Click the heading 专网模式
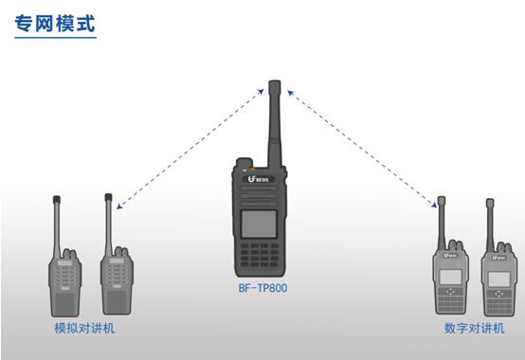[55, 24]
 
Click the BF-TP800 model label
[262, 288]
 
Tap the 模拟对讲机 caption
[84, 328]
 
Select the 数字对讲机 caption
[474, 328]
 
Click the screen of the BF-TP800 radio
[259, 224]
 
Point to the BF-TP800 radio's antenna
[275, 124]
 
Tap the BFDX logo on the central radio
[259, 179]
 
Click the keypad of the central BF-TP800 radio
[260, 255]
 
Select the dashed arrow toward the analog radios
[190, 149]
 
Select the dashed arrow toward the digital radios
[363, 149]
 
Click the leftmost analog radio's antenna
[57, 226]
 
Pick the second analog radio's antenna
[108, 225]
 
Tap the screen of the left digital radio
[450, 277]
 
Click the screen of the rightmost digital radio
[498, 279]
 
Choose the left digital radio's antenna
[442, 224]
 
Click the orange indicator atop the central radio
[251, 170]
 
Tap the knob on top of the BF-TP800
[244, 163]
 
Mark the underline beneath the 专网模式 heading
[56, 38]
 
